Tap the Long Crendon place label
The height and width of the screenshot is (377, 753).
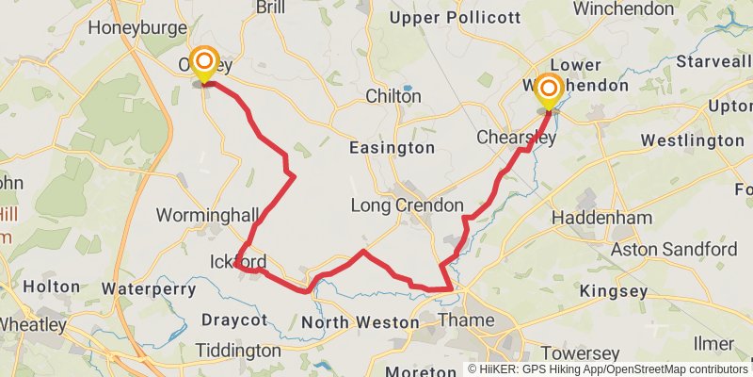[407, 205]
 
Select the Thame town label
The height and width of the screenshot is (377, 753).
[466, 320]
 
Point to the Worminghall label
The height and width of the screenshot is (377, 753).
[200, 214]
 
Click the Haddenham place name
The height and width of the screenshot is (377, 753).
[601, 218]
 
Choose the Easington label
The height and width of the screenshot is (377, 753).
[392, 148]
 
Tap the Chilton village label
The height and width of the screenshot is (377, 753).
[393, 96]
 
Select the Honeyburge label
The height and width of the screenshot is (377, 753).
[137, 28]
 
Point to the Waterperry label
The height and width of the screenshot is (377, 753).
[148, 288]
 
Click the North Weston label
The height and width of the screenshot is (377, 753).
[360, 323]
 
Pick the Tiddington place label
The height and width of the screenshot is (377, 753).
[238, 351]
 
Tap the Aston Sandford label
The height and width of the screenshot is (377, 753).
[674, 250]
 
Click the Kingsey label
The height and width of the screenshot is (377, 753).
[614, 291]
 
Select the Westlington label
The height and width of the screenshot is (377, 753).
[692, 140]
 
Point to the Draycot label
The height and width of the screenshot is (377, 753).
[234, 320]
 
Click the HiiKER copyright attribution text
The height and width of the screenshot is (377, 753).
[607, 369]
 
